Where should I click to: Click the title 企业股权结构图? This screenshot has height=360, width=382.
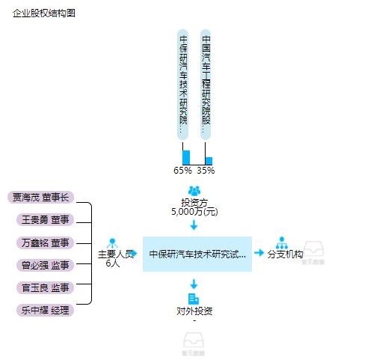point(43,13)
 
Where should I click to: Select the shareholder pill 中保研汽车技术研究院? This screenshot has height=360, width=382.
point(183,82)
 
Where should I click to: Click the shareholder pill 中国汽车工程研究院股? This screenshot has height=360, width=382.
point(206,82)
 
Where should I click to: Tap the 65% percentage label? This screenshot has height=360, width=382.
point(183,170)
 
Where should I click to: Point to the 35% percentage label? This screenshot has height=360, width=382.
point(206,170)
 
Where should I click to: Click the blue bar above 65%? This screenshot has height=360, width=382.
point(186,157)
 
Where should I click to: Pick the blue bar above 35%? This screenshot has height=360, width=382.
point(209,160)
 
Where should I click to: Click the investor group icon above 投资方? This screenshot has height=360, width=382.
point(194,191)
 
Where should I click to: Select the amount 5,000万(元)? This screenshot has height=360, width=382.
point(194,212)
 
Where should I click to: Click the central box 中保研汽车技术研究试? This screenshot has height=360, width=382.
point(197,254)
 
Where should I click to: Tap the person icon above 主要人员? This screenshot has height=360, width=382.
point(113,243)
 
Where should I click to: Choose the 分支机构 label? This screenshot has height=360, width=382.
point(285,254)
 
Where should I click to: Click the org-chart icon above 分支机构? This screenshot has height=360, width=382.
point(282,242)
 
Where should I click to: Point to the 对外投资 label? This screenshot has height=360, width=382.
point(194,311)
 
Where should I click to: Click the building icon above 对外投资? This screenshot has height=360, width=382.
point(194,299)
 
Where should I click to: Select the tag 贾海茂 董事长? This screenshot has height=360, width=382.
point(41,198)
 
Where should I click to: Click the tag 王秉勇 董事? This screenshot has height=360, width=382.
point(45,220)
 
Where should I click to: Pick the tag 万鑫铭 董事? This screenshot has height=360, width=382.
point(45,242)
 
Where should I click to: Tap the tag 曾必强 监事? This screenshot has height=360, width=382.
point(45,265)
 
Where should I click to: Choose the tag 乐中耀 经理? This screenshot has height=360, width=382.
point(45,310)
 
